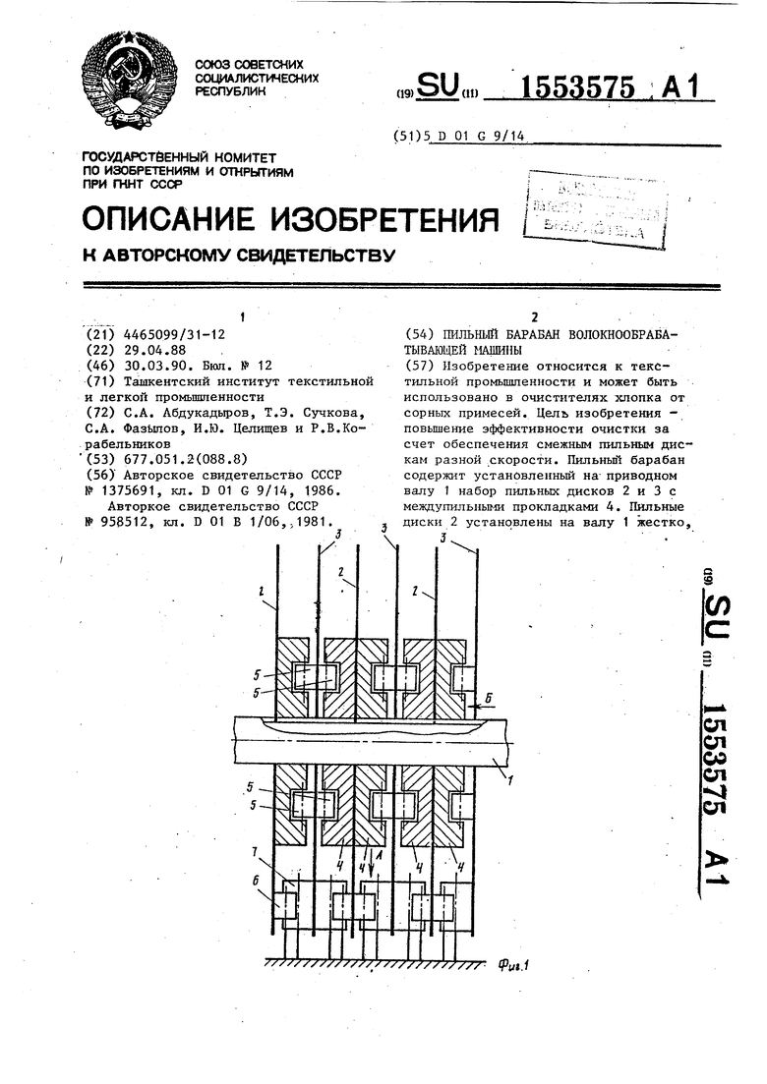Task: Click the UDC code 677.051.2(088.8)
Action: [181, 458]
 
